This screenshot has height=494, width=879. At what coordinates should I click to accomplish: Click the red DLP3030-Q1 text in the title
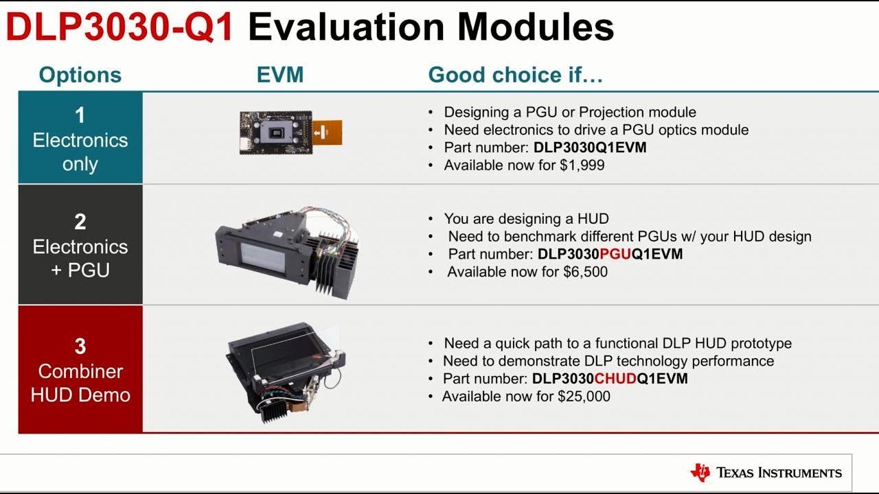[120, 27]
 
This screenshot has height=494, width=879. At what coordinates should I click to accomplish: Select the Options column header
[80, 75]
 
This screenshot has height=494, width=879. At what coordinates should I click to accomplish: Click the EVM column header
[280, 75]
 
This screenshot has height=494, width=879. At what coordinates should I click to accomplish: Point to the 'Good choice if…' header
[516, 75]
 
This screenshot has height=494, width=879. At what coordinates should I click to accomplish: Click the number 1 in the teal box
[80, 115]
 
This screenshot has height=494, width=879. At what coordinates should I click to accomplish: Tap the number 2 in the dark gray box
[80, 222]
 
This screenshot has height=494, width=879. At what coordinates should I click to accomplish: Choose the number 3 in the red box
[80, 346]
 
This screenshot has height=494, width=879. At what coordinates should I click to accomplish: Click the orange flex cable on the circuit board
[328, 132]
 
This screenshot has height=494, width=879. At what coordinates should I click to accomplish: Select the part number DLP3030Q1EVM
[590, 148]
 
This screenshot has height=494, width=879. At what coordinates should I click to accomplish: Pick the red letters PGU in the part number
[615, 255]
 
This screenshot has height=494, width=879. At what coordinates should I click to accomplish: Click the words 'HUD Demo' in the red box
[80, 395]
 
